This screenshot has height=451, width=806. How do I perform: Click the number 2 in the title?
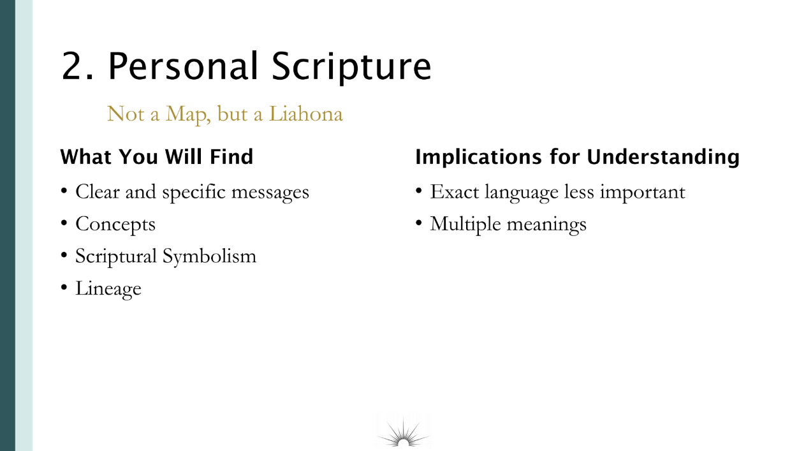click(x=75, y=66)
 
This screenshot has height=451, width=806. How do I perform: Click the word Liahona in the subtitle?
click(x=306, y=114)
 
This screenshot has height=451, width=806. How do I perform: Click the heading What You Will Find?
click(x=157, y=156)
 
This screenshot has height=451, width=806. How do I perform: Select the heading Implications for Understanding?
click(x=577, y=158)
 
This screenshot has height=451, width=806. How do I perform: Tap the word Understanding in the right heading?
click(x=663, y=158)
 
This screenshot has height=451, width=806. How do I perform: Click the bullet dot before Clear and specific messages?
click(x=64, y=190)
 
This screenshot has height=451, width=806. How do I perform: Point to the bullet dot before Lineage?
click(x=64, y=287)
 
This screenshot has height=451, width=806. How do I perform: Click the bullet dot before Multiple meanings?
click(x=418, y=223)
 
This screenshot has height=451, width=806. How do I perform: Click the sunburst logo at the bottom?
click(x=403, y=432)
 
